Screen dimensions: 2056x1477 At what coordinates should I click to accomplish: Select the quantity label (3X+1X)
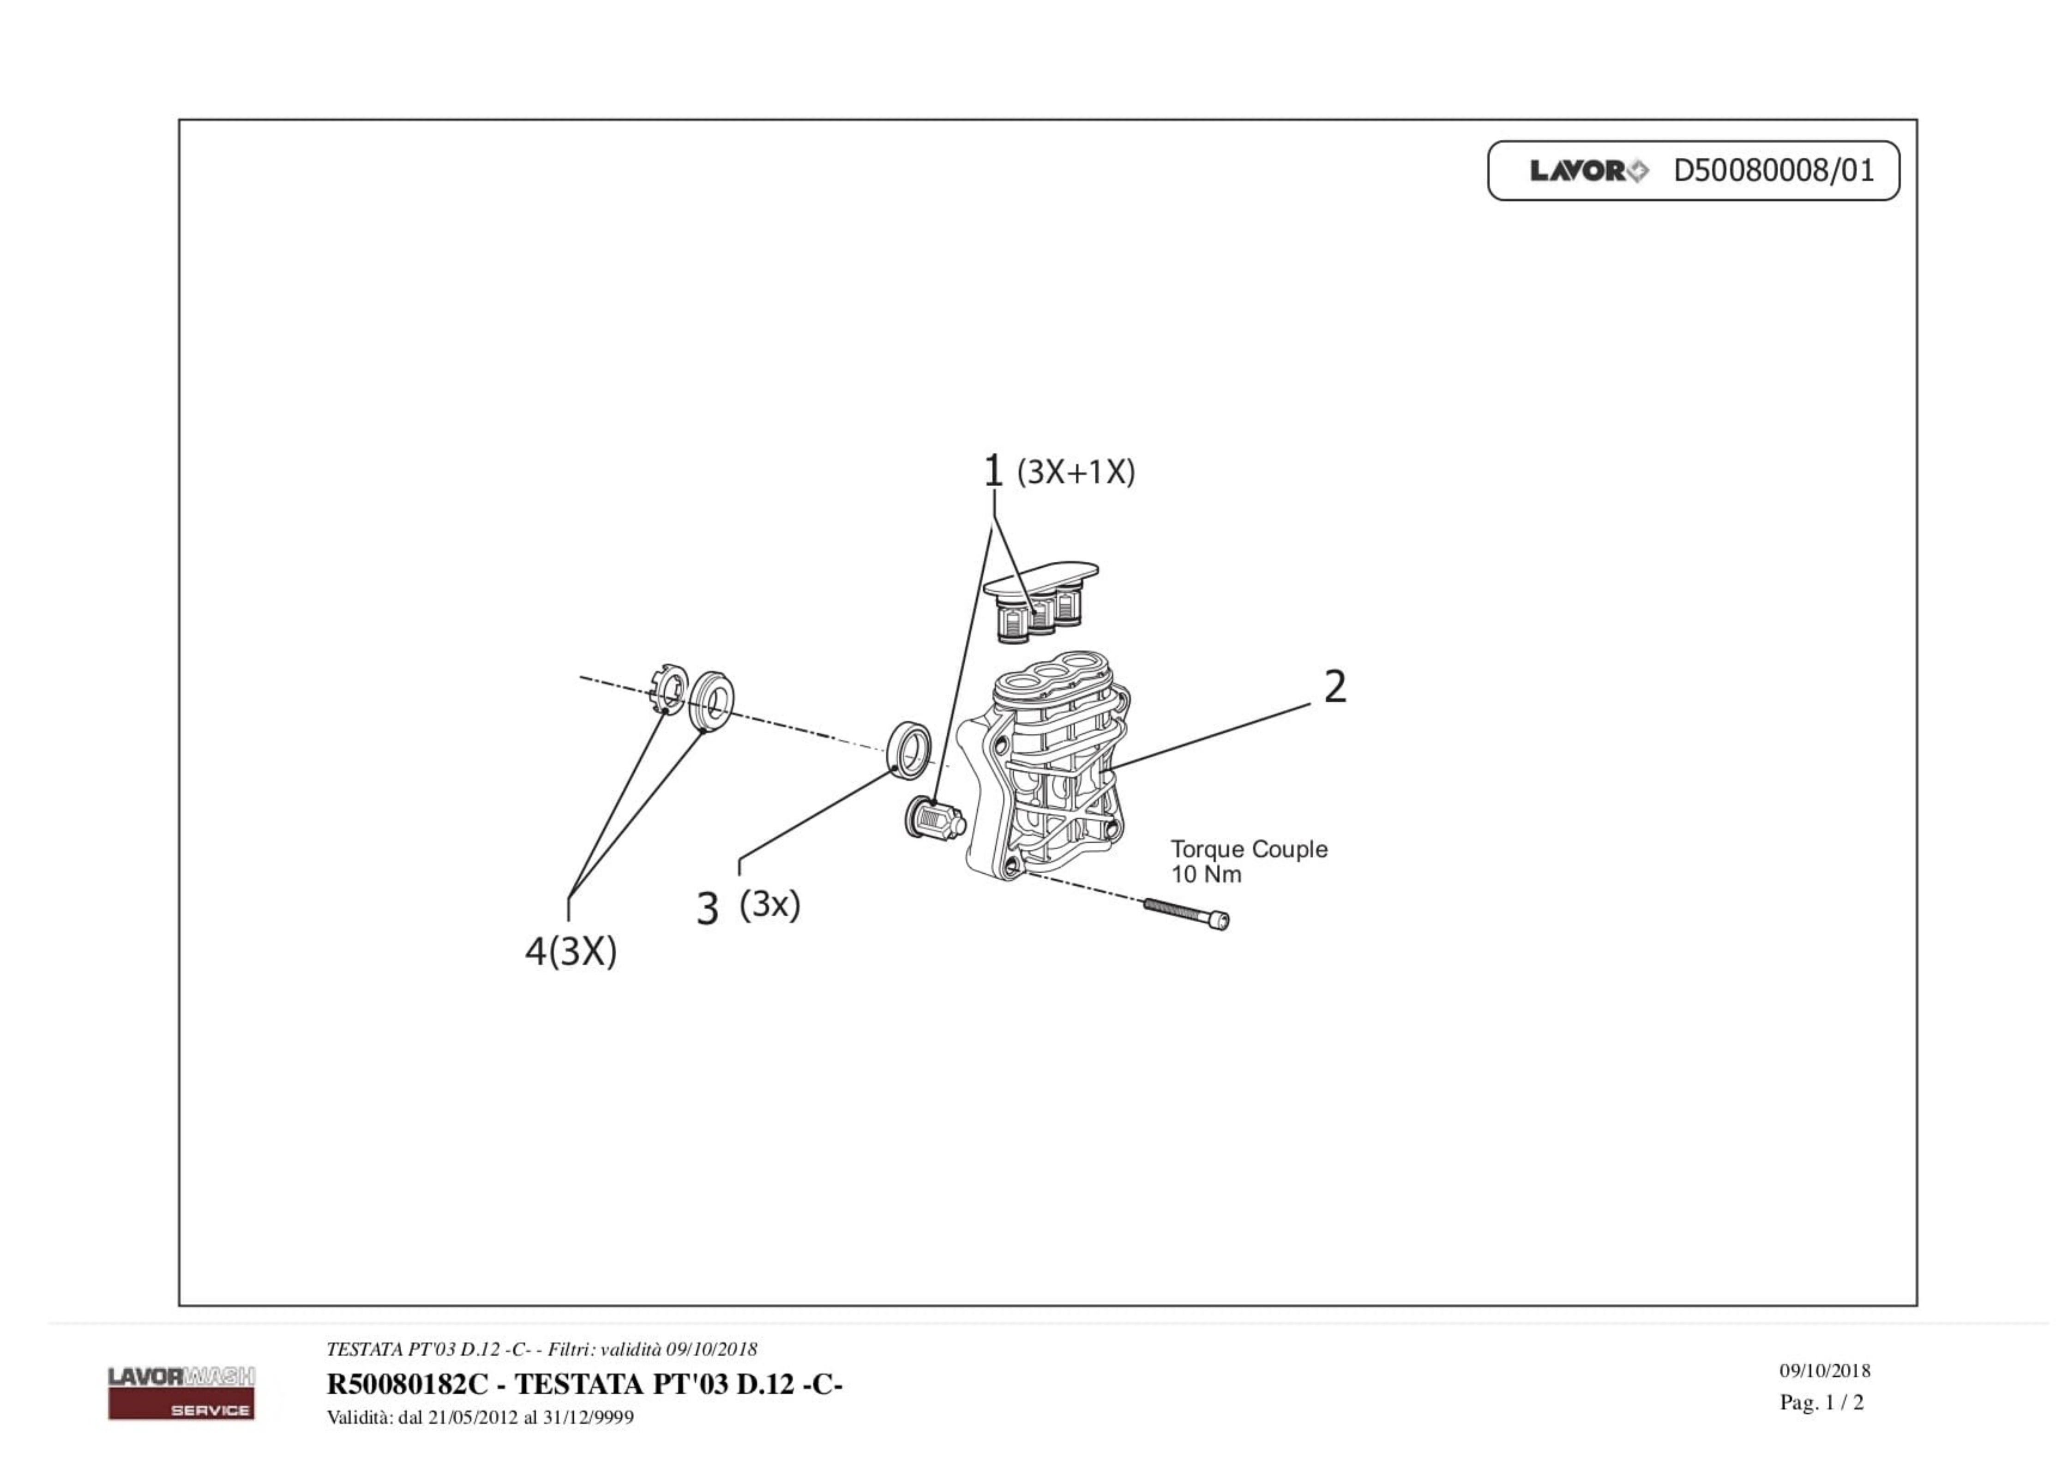[x=1076, y=472]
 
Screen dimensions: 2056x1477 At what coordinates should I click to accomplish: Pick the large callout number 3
[x=707, y=908]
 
